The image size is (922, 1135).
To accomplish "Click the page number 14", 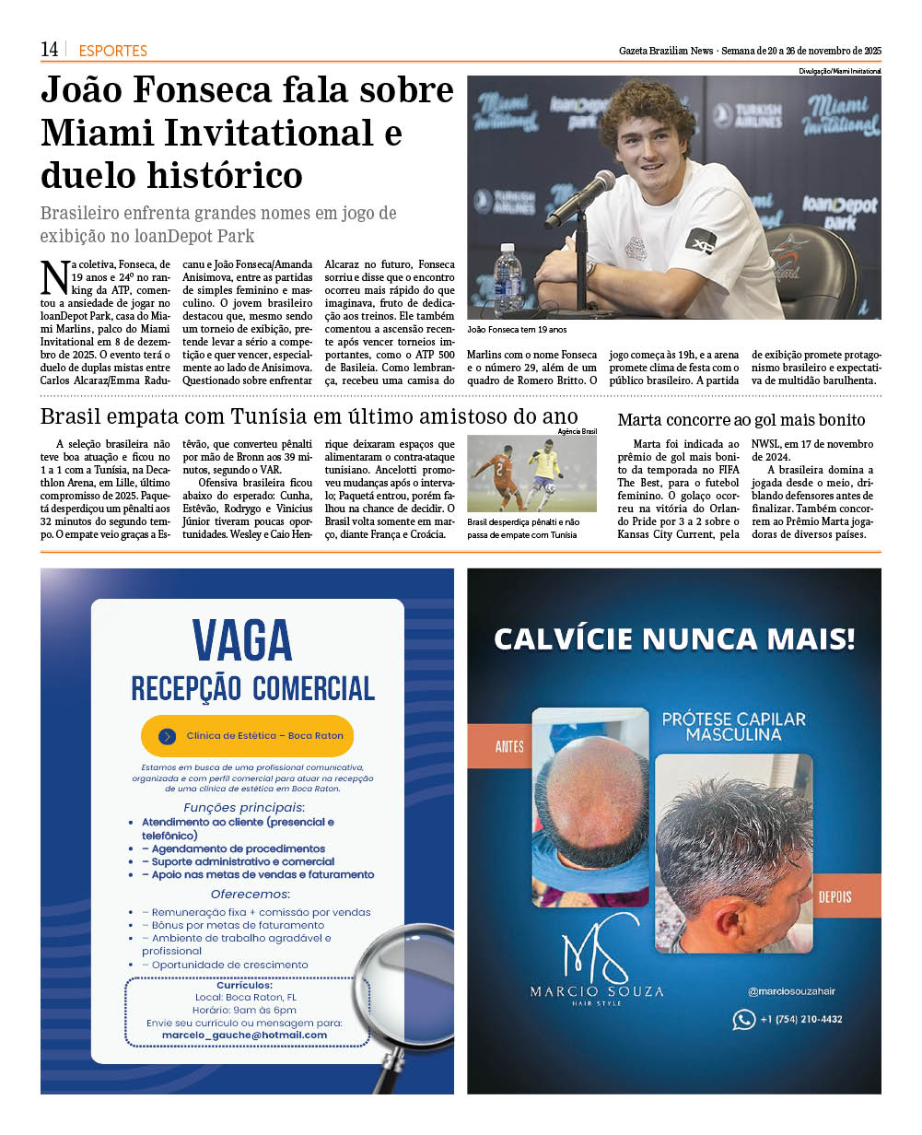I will [50, 49].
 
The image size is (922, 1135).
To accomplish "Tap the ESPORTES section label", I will [112, 51].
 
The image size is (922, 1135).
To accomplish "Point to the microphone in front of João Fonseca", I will [580, 197].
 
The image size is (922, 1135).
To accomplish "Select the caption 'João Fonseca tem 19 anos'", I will [517, 329].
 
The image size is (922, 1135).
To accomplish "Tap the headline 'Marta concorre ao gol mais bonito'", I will [741, 420].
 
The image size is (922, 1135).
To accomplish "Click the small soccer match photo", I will [531, 473].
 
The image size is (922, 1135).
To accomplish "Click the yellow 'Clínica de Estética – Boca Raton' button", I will [247, 736].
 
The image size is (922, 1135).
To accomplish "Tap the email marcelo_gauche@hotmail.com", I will [244, 1035].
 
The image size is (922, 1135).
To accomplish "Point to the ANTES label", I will [509, 746].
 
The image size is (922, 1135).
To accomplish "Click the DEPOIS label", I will [834, 896].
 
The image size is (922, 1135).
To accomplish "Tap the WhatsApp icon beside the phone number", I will [743, 1019].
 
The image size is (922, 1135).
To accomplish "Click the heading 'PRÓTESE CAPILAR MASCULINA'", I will [733, 726].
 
